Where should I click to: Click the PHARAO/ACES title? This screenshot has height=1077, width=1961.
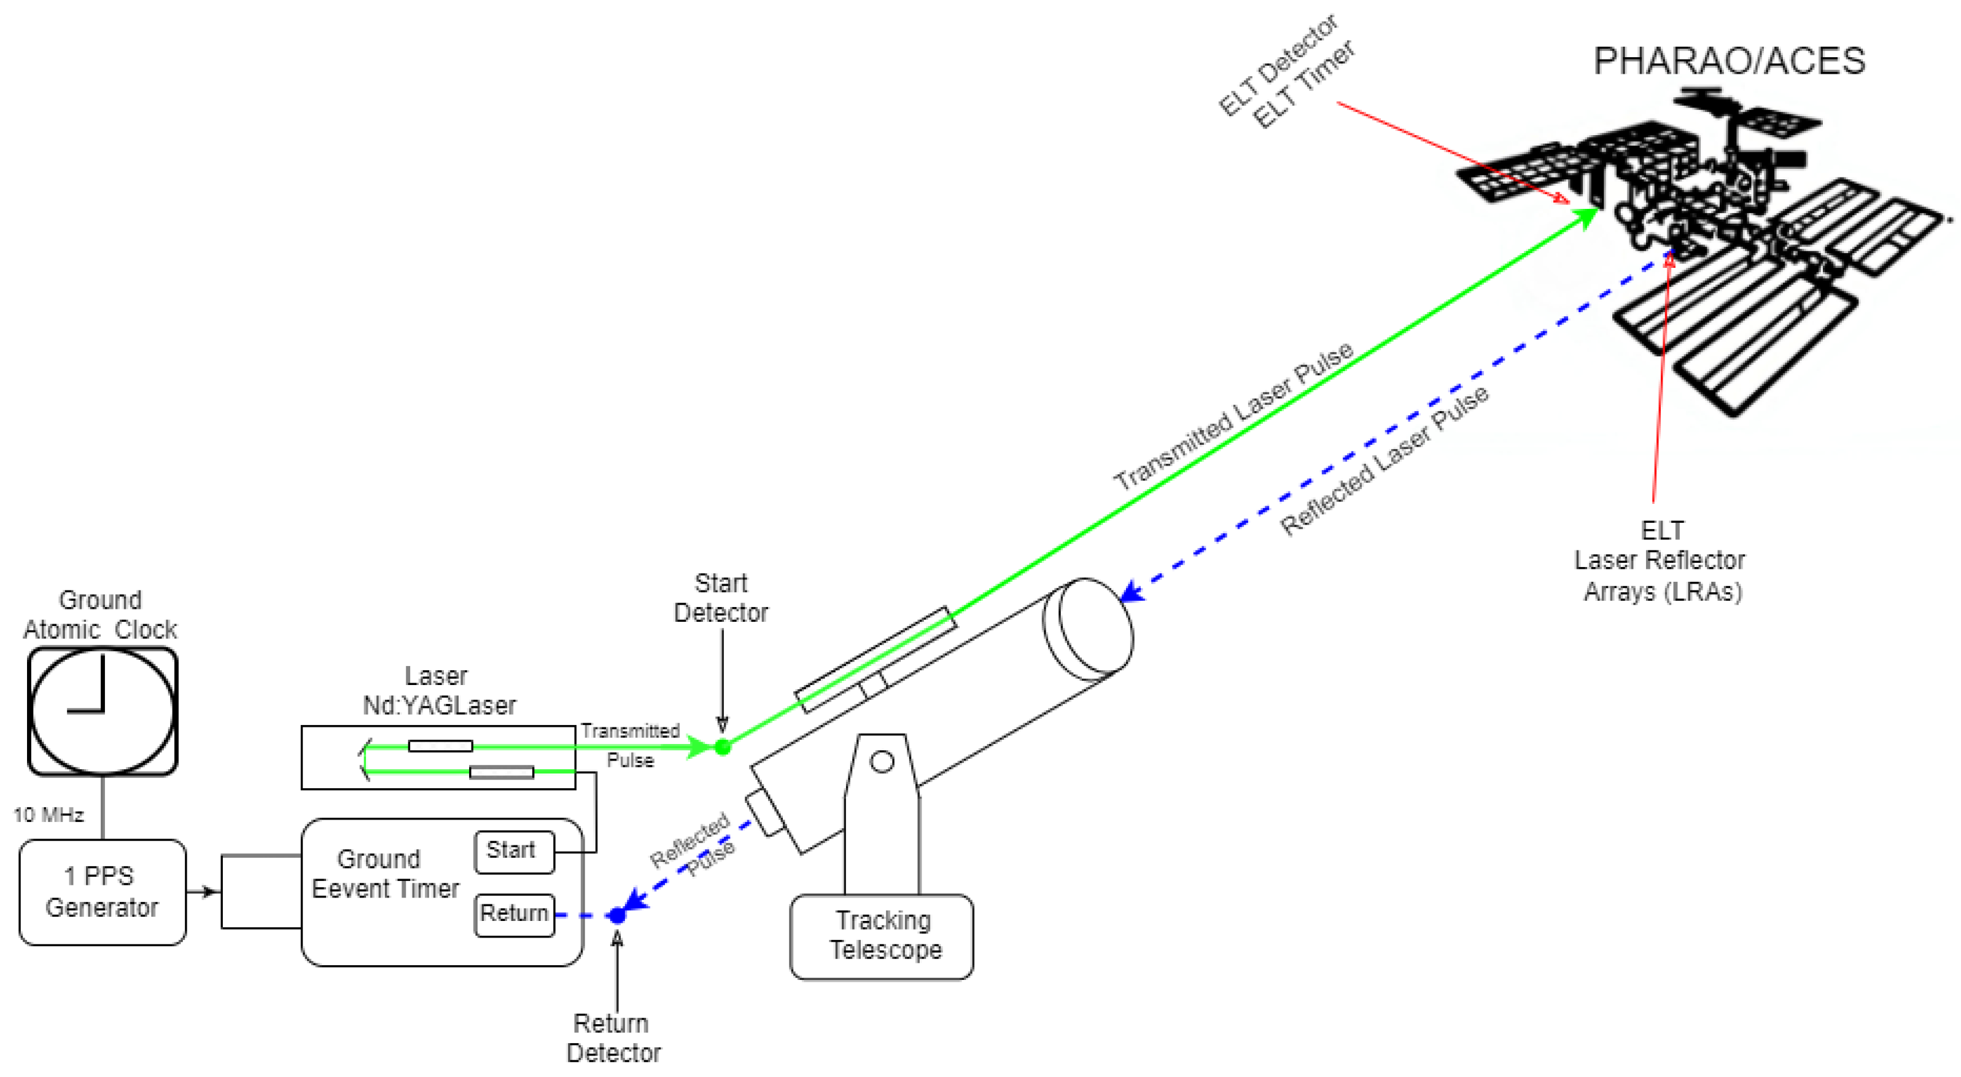1729,61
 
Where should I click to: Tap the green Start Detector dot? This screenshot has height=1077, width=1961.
723,747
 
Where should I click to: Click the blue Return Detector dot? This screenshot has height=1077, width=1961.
618,915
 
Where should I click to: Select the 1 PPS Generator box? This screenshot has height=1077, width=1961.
102,892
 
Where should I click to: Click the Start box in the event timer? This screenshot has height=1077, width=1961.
514,851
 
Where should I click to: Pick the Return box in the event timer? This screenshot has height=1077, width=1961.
514,914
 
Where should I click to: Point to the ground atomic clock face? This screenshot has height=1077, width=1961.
103,711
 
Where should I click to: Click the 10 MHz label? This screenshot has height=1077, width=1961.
48,815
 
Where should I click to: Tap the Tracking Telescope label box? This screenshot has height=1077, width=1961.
882,936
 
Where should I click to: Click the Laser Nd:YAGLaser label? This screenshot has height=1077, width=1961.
438,691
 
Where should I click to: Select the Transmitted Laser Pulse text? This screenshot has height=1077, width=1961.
1233,416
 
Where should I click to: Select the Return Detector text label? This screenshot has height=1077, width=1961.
613,1038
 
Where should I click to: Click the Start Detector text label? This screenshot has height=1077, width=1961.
721,598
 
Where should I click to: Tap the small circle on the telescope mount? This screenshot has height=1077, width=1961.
882,761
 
